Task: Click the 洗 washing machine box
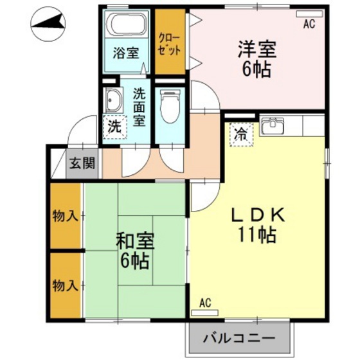coord(115,127)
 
